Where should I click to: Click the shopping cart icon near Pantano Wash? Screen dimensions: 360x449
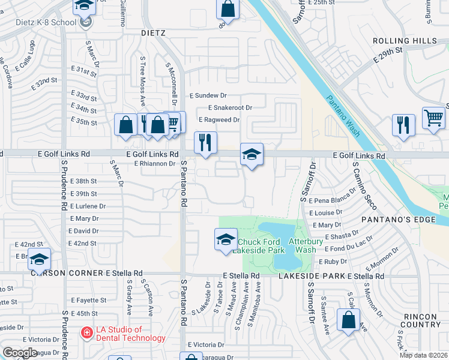tap(433, 118)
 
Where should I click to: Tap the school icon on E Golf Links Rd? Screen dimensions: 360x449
tap(252, 155)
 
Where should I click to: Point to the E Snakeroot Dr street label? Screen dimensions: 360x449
tap(231, 107)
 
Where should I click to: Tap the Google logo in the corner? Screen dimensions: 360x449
tap(20, 353)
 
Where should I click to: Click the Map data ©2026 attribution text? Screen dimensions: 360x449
tap(423, 355)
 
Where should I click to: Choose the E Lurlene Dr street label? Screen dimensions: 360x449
tap(87, 206)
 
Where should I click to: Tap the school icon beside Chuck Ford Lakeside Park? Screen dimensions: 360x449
tap(225, 239)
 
